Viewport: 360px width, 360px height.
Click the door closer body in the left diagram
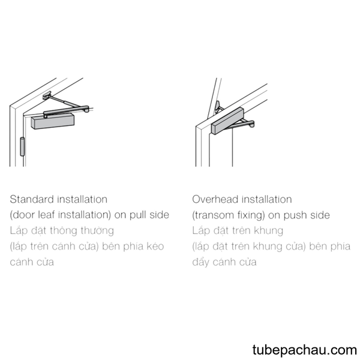[53, 121]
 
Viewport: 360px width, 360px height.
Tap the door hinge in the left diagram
[22, 146]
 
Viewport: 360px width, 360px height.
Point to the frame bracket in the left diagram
[47, 95]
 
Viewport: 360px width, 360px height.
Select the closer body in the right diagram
[227, 121]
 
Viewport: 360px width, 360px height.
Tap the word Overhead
[215, 199]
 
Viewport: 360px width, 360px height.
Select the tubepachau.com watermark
[304, 350]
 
